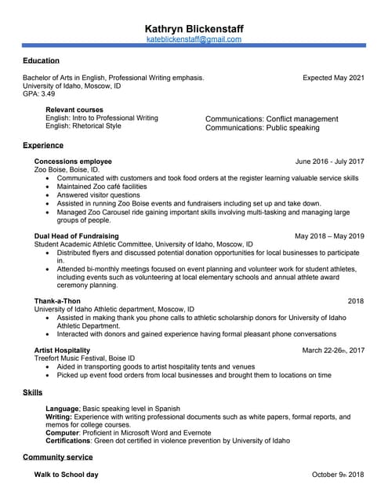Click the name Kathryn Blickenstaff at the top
[194, 28]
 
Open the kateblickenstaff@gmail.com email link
[194, 39]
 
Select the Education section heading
[41, 60]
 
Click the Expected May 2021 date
[333, 78]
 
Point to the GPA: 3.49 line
[38, 93]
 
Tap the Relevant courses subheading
[74, 110]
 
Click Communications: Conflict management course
[271, 119]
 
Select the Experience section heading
[43, 145]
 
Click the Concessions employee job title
[73, 162]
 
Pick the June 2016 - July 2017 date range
[329, 162]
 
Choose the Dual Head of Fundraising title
[76, 236]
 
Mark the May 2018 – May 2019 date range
[329, 236]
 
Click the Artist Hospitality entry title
[62, 350]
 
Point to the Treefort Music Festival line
[78, 358]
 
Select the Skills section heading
[32, 392]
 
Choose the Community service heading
[57, 457]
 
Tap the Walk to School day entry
[66, 475]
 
